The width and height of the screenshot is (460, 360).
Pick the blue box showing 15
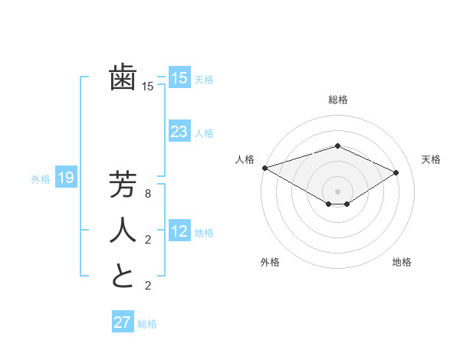(x=179, y=77)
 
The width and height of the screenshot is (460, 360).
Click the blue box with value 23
(x=179, y=132)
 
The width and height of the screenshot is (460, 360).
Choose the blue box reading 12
(x=179, y=231)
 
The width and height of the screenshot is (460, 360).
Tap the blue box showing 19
(x=66, y=178)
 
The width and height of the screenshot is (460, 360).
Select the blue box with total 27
(x=122, y=322)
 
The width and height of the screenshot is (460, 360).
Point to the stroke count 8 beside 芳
(x=148, y=195)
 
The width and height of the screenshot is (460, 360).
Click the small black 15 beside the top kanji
(x=147, y=87)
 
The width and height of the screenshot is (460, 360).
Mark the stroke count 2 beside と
(x=148, y=286)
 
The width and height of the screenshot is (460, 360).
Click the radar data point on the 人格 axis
(x=264, y=167)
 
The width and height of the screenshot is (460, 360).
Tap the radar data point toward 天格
(x=396, y=172)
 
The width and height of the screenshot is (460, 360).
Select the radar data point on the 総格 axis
(x=337, y=146)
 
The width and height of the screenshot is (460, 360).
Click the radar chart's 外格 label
(x=270, y=262)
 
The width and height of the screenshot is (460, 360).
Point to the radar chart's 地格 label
(x=402, y=262)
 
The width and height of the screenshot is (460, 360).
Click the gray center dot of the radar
(x=337, y=190)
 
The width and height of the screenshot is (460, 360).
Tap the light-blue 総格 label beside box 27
(x=147, y=324)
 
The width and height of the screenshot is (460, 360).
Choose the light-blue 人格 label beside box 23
(x=204, y=133)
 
